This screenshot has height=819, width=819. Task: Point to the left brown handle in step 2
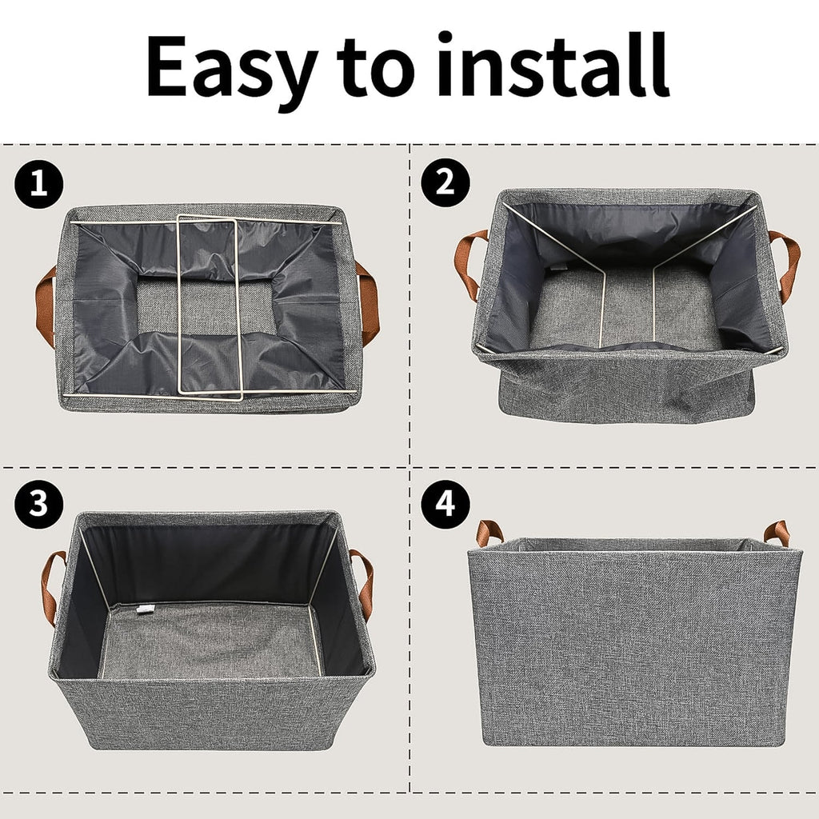click(469, 264)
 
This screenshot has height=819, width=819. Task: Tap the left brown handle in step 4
click(489, 531)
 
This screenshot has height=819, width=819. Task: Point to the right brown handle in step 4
click(777, 531)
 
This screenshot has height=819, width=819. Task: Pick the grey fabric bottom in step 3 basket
click(208, 640)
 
